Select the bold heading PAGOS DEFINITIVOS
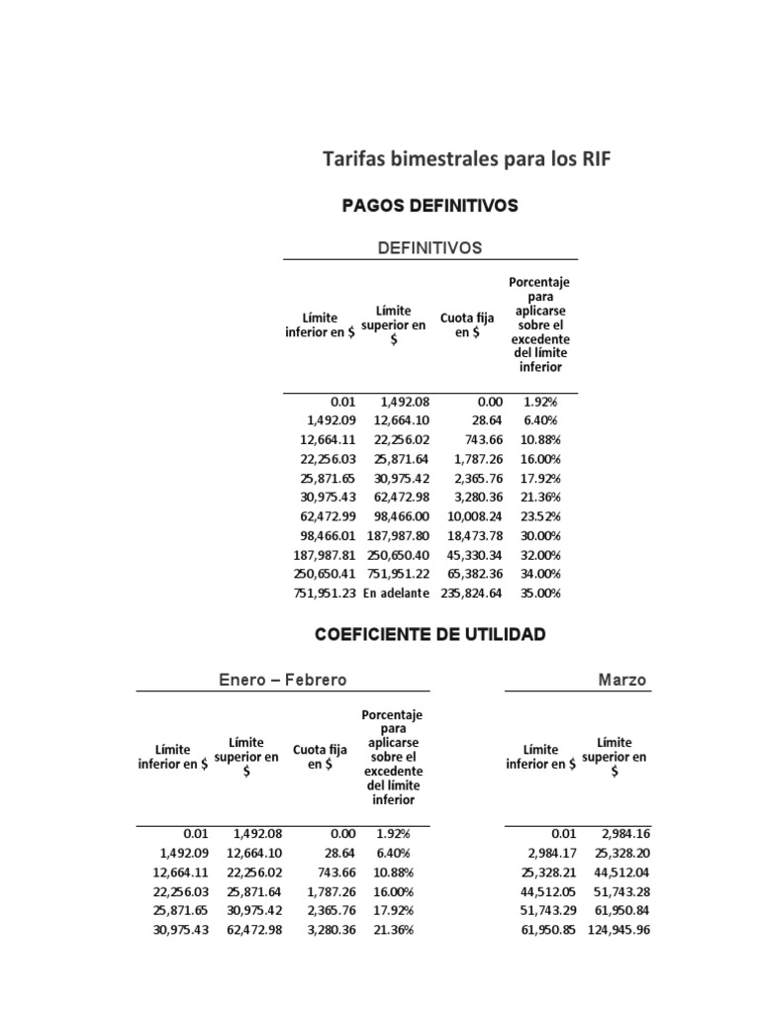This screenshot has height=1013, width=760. (429, 206)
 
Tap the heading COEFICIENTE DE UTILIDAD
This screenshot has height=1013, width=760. (429, 635)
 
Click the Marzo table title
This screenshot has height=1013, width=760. (622, 680)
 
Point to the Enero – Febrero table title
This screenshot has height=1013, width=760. (282, 680)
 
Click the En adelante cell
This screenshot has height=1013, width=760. (396, 594)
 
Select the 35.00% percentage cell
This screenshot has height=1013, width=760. (540, 594)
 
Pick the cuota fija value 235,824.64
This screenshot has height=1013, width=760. (471, 594)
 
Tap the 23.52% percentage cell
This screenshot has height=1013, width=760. (540, 516)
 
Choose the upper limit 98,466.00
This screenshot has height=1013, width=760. (399, 516)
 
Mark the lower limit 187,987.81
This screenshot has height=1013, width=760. (324, 555)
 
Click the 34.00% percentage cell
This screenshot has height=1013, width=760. (540, 574)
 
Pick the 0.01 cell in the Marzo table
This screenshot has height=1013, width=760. (563, 834)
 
